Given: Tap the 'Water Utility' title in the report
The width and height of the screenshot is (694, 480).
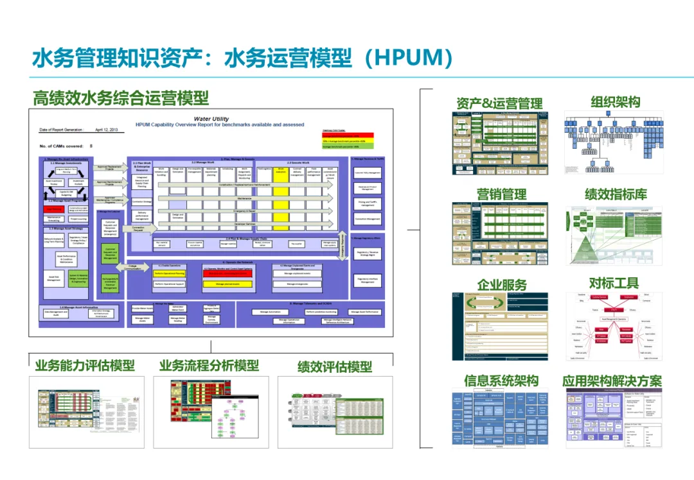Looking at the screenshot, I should (211, 119).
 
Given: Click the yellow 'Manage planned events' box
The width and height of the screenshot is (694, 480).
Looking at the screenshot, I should (229, 283).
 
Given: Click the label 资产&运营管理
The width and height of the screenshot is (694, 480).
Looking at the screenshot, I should (499, 103).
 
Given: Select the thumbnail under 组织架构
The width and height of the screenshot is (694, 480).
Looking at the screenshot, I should (614, 142).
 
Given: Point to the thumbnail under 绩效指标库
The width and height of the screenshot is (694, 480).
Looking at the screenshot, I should (614, 236).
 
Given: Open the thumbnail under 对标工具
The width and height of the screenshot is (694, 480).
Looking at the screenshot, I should (614, 326).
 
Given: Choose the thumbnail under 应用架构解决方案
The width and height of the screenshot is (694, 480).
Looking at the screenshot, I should (614, 418).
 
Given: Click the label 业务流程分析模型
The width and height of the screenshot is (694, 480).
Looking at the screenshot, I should (209, 365).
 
